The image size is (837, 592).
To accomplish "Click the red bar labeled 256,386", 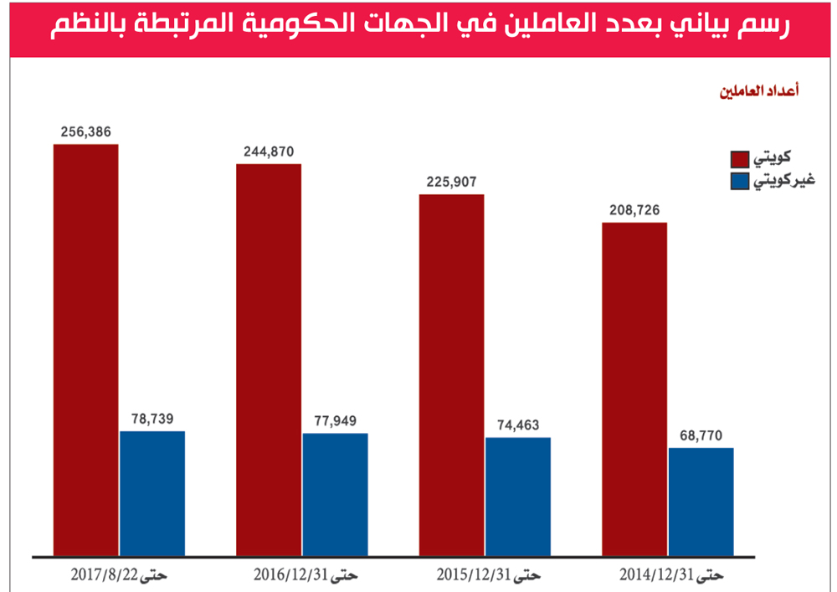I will coord(85,350).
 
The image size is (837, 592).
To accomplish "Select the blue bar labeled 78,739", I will coord(152,493).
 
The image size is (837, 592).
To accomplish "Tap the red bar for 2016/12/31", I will coord(269,360).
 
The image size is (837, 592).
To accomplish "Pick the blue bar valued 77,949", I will coord(335,495).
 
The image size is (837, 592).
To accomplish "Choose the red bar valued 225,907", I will coord(452,375).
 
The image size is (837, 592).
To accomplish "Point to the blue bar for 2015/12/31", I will coord(518,497).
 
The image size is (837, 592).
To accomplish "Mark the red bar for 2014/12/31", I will coord(634,389).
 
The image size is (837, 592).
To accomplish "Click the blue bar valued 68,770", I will coord(701,502).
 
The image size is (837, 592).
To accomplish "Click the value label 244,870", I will coord(269,152).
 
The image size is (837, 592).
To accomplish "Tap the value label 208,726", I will coord(634,210).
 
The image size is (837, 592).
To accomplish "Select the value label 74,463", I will coord(518,425).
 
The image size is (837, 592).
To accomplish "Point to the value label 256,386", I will coord(85,131).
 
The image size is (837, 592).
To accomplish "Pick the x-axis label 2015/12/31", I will coord(489,575).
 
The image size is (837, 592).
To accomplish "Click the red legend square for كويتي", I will coord(739,159).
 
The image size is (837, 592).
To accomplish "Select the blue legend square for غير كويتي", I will coord(739,181).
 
